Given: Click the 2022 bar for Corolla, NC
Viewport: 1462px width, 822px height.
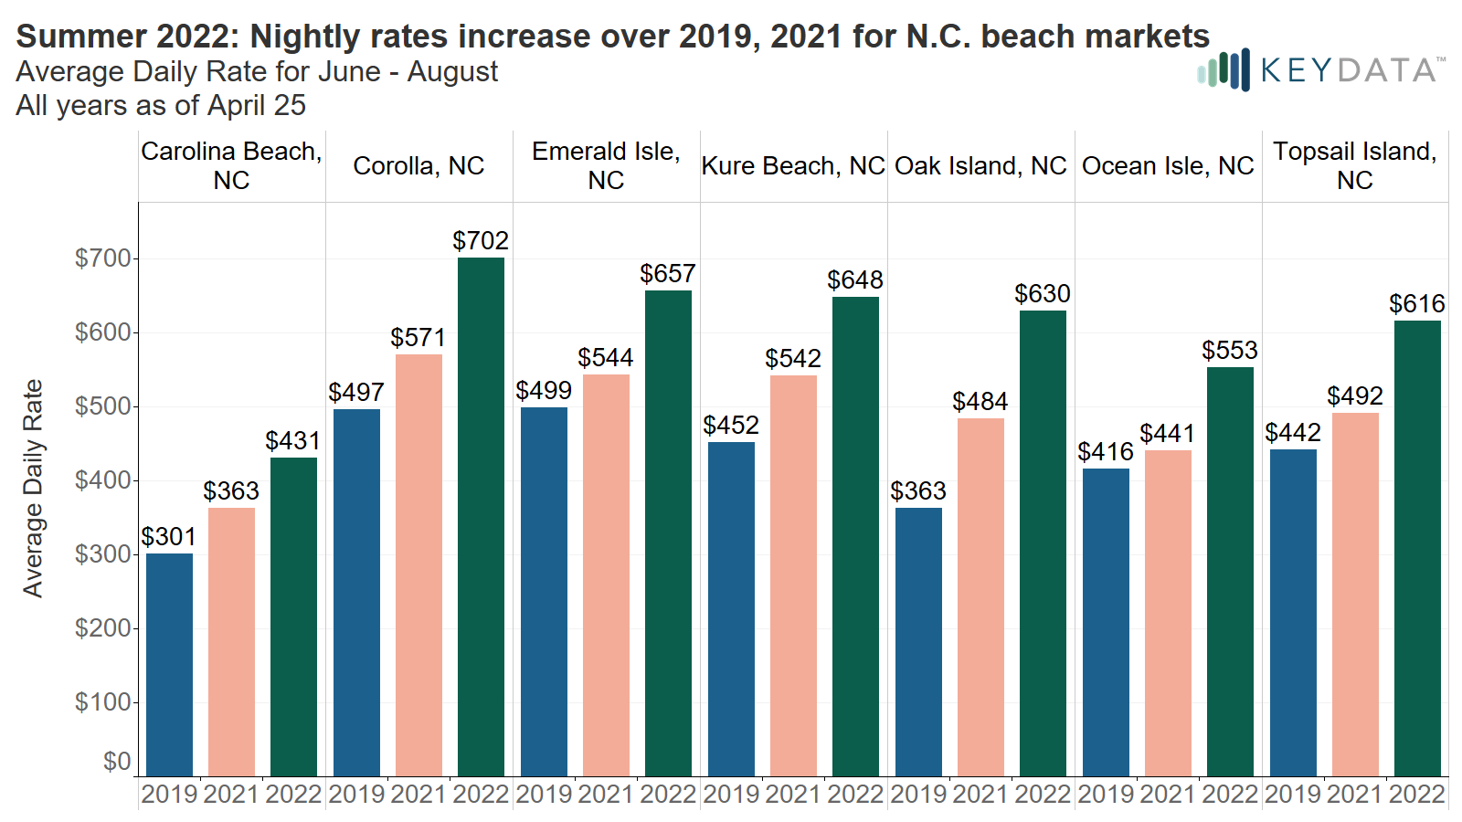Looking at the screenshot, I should [481, 517].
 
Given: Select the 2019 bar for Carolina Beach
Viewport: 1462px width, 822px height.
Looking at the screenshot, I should [169, 665].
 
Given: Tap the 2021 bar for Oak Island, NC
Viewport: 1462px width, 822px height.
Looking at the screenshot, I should [980, 597].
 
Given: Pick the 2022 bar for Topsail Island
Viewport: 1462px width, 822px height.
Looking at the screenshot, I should [1417, 548].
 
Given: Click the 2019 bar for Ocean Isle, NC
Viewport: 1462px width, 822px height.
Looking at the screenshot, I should [1106, 623].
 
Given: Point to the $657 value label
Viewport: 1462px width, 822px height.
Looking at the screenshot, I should [668, 274].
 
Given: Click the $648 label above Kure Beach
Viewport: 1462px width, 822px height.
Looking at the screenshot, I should [855, 280].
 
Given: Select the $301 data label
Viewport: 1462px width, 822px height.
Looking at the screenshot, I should [169, 537].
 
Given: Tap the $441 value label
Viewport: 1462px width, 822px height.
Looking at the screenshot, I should [1168, 434].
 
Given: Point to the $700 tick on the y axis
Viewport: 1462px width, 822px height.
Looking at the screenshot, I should [102, 258].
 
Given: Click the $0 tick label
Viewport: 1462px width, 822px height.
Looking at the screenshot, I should [116, 762].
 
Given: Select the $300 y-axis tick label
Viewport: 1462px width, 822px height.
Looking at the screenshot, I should [102, 554].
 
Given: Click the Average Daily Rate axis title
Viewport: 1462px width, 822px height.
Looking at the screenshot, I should [33, 489].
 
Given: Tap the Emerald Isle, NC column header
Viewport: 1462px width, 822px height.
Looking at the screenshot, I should [606, 165].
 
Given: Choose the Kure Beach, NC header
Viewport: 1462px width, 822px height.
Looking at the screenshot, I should [793, 166].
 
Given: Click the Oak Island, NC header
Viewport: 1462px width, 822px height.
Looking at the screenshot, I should [980, 166].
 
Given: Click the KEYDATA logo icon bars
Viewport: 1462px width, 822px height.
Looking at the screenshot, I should [1223, 70].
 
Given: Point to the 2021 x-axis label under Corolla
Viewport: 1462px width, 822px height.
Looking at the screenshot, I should [418, 795].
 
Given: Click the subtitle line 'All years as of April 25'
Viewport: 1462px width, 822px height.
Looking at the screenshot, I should [161, 106].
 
